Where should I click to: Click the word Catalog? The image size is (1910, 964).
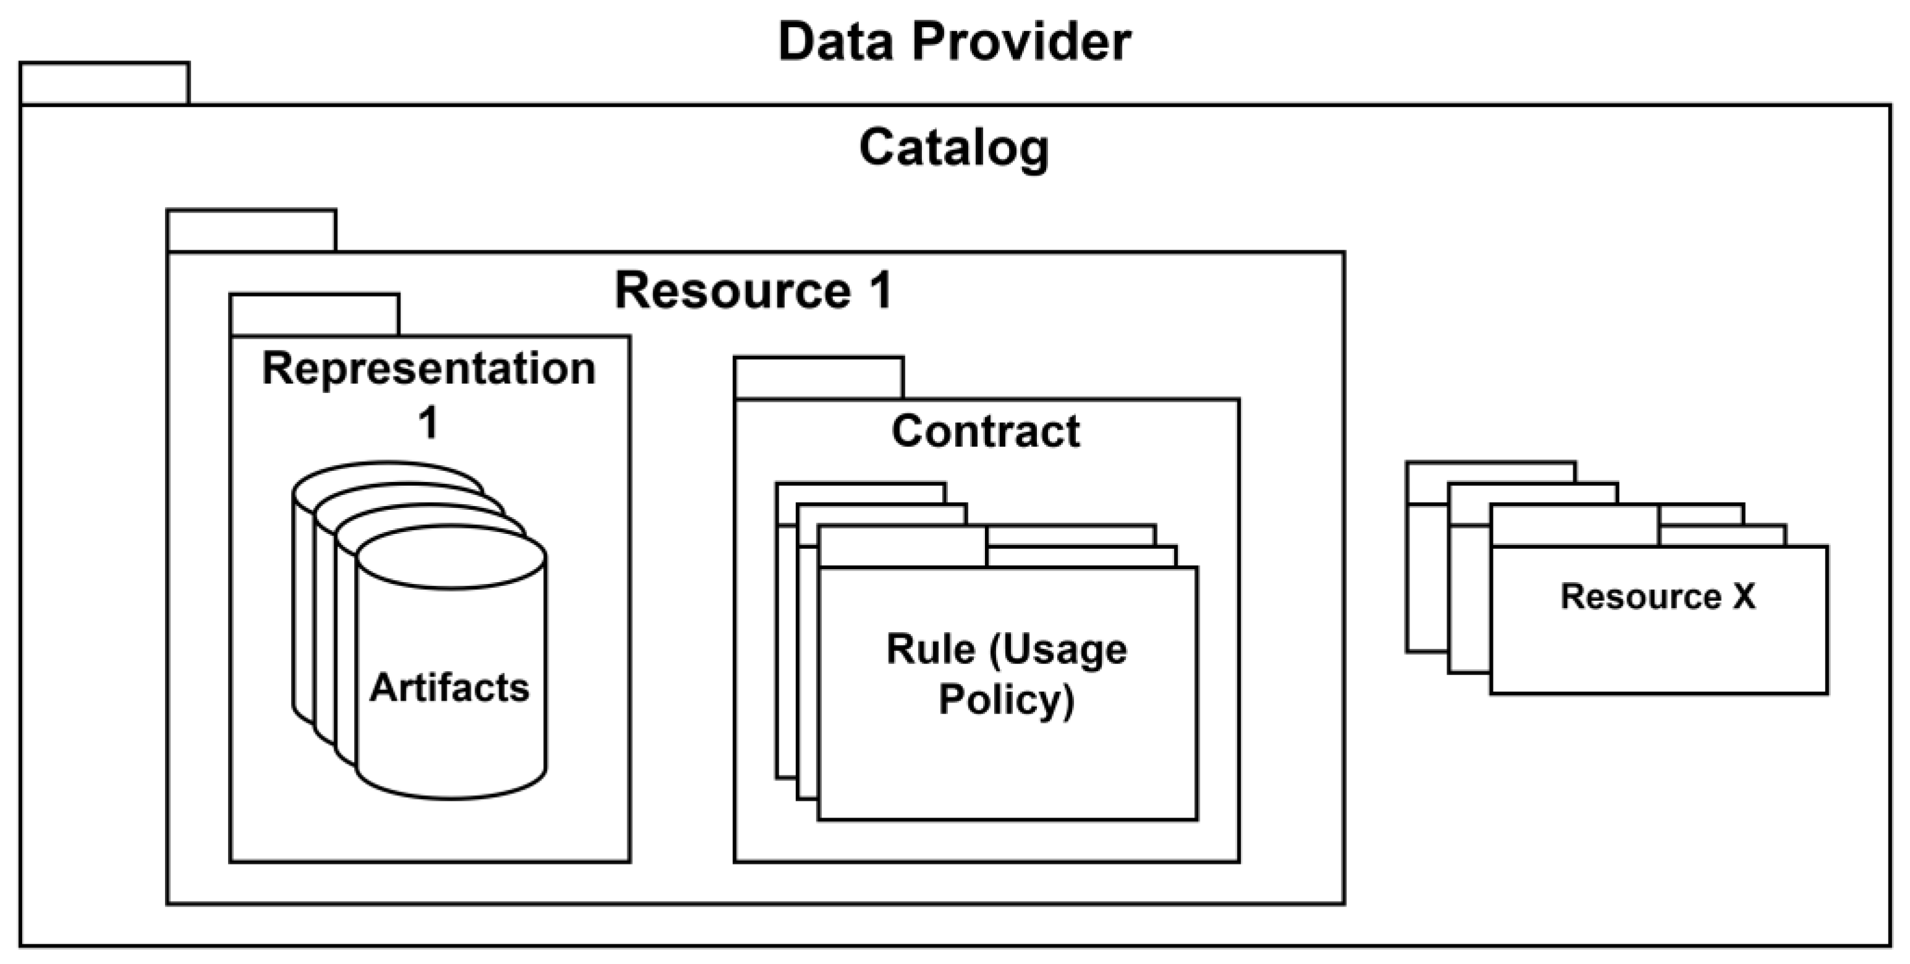point(954,148)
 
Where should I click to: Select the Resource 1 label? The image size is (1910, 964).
point(753,290)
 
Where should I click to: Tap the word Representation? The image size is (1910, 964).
point(429,368)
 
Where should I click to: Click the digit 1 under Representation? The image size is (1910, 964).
point(429,423)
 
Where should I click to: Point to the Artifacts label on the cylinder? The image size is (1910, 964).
point(449,687)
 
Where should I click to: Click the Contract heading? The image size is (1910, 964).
point(986,431)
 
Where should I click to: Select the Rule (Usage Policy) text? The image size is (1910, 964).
point(1006,674)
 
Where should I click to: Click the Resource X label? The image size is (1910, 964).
point(1658,596)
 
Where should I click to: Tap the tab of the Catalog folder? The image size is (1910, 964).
point(104,83)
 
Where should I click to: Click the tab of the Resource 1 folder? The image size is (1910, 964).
point(251,230)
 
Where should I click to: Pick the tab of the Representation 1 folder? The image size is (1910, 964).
point(315,315)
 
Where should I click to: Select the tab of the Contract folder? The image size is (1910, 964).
point(819,378)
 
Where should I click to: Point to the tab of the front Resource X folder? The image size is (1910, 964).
point(1574,526)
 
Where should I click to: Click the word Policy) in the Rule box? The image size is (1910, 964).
point(1006,700)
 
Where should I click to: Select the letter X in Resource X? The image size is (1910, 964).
point(1743,596)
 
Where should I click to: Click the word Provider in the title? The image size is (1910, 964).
point(1021,41)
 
